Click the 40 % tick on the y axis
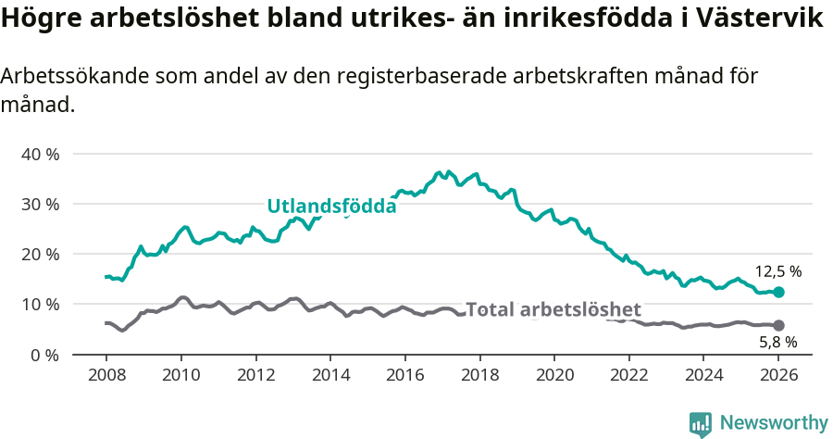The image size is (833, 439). [40, 154]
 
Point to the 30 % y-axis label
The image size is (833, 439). [40, 204]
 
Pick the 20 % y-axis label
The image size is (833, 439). [40, 254]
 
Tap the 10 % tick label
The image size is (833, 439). [40, 305]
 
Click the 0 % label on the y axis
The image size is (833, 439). [44, 355]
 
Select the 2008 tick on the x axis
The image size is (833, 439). [106, 375]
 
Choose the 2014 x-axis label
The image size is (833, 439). [330, 375]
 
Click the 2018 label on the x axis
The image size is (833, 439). [479, 375]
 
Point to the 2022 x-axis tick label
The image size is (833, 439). [628, 375]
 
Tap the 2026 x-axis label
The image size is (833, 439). [777, 375]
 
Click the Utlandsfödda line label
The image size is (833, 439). [331, 207]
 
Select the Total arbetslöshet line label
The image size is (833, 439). [553, 309]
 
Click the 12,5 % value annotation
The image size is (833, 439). [777, 272]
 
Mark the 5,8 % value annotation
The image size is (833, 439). [777, 342]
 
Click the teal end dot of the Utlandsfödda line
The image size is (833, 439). [778, 292]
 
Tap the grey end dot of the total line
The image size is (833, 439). [778, 325]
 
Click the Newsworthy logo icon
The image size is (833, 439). [701, 423]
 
